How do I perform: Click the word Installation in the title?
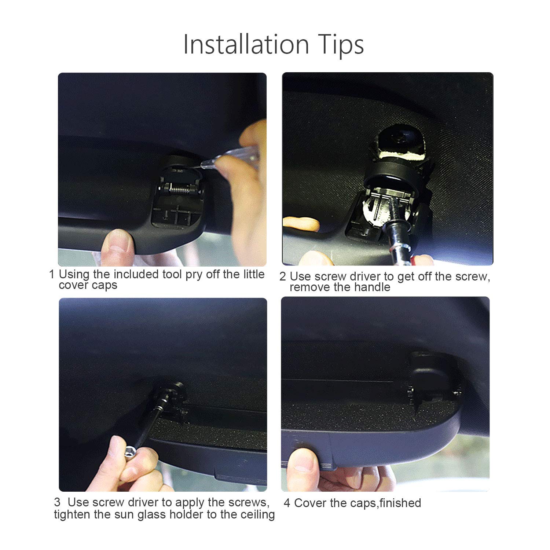(x=246, y=44)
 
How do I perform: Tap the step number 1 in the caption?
(x=52, y=274)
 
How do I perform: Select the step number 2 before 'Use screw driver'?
(x=282, y=276)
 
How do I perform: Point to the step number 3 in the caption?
(x=57, y=502)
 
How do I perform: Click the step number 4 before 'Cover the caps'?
(x=287, y=503)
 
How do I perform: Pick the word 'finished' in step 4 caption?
(x=400, y=503)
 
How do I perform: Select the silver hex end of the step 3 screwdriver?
(x=130, y=453)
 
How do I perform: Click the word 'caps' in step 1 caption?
(x=104, y=286)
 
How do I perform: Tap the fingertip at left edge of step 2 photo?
(x=301, y=224)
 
